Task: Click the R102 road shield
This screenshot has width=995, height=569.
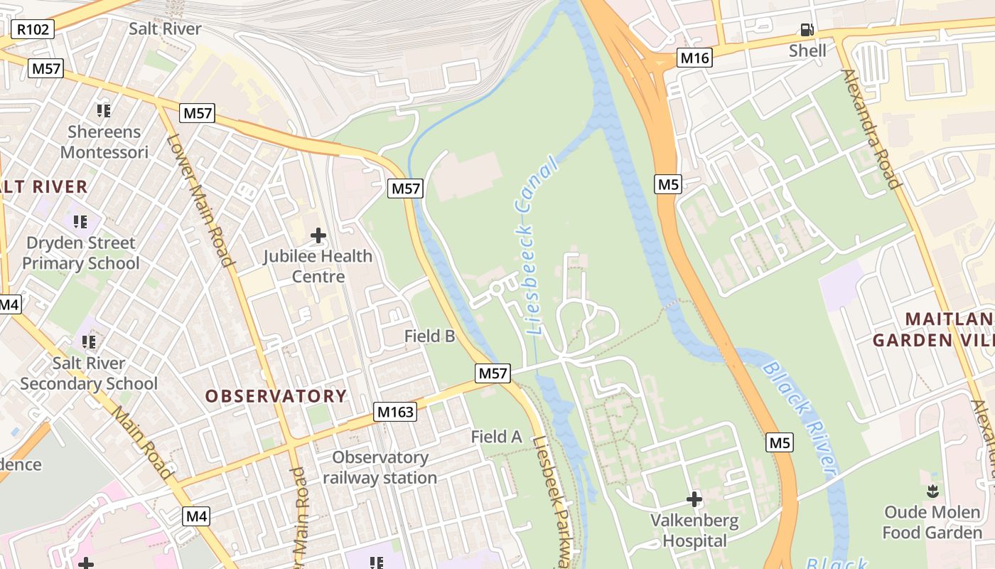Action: point(32,29)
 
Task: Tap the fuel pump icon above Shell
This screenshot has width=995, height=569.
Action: point(807,30)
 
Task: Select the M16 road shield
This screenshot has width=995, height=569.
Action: point(694,58)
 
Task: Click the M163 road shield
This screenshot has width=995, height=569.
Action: point(394,412)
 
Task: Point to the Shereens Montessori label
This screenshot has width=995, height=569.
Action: point(104,142)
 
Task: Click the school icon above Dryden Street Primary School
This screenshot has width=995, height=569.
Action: point(80,222)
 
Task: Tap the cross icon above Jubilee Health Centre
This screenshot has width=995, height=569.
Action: point(318,235)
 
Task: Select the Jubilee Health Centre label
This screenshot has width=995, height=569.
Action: point(318,266)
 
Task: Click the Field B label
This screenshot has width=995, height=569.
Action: point(429,336)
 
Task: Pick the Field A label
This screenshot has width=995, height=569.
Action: point(496,437)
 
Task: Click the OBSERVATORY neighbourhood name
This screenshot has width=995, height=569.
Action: point(276,396)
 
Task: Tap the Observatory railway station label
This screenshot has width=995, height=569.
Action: point(380,467)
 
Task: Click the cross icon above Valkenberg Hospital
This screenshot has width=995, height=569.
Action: point(694,499)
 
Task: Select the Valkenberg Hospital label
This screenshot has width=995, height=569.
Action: point(694,531)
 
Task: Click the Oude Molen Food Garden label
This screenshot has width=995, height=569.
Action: point(932,523)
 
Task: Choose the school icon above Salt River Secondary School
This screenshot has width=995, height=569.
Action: point(89,342)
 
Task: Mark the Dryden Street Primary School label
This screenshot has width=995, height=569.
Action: point(80,253)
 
